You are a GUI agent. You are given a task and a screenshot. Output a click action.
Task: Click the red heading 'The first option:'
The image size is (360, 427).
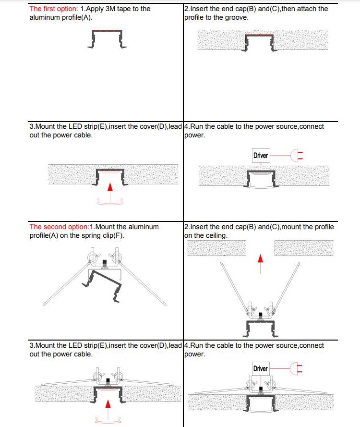pyautogui.click(x=53, y=9)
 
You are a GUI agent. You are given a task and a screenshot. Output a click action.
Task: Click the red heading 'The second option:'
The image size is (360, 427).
pyautogui.click(x=59, y=226)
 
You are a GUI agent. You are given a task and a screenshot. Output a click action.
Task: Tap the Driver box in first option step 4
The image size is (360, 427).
pyautogui.click(x=261, y=156)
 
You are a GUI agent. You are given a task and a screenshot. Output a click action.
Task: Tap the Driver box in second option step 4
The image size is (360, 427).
pyautogui.click(x=261, y=368)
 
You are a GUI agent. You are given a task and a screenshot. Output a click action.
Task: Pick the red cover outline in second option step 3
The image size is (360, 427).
pyautogui.click(x=110, y=420)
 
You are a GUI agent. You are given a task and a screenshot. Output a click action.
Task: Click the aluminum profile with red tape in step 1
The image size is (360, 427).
pyautogui.click(x=107, y=38)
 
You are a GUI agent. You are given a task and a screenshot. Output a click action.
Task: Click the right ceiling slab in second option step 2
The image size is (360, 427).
pyautogui.click(x=303, y=248)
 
